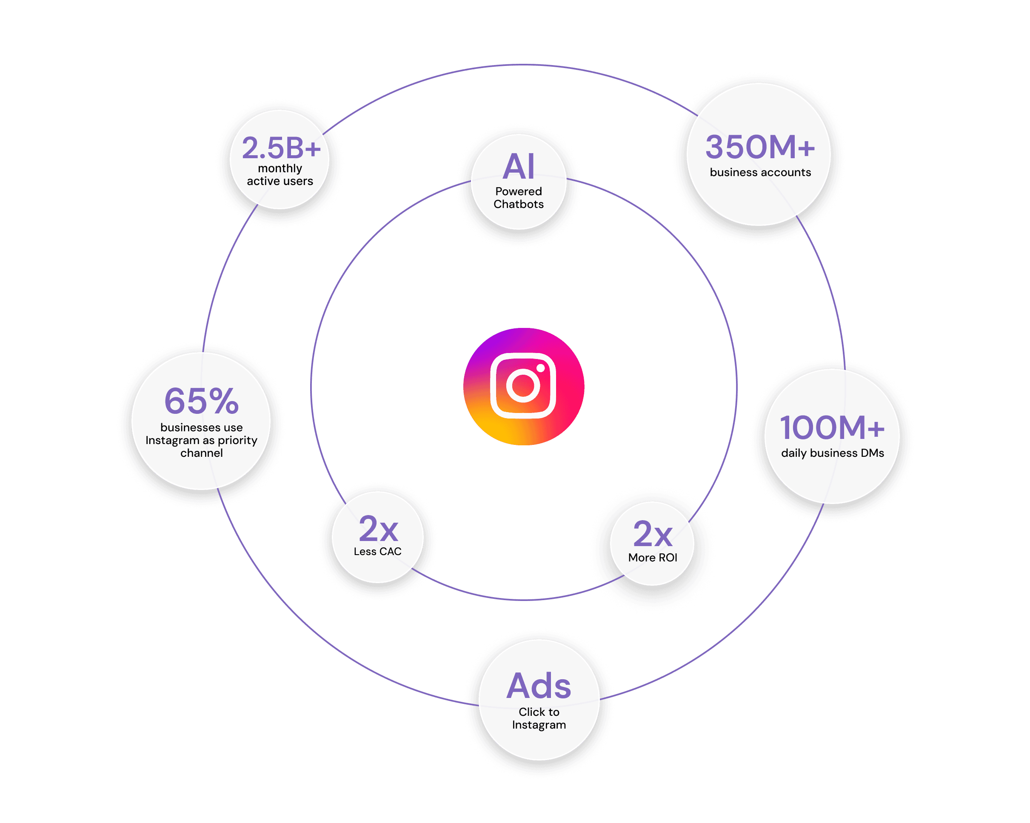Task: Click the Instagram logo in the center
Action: coord(524,387)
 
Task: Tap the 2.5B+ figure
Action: coord(281,148)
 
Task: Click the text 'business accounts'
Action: coord(760,172)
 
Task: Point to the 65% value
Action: coord(201,401)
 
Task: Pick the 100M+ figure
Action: coord(832,427)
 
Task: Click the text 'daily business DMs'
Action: coord(832,453)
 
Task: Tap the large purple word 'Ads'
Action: coord(539,686)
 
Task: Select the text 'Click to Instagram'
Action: coord(539,718)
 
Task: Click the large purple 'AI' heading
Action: coord(519,167)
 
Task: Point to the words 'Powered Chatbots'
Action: coord(519,198)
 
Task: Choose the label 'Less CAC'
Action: coord(377,552)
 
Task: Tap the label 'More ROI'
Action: coord(653,558)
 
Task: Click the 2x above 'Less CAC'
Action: coord(378,529)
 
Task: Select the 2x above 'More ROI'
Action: coord(653,535)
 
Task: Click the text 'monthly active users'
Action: coord(280,175)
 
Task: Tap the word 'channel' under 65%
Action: coord(201,453)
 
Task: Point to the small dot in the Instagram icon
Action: coord(540,368)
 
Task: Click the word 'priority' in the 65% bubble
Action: coord(237,440)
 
